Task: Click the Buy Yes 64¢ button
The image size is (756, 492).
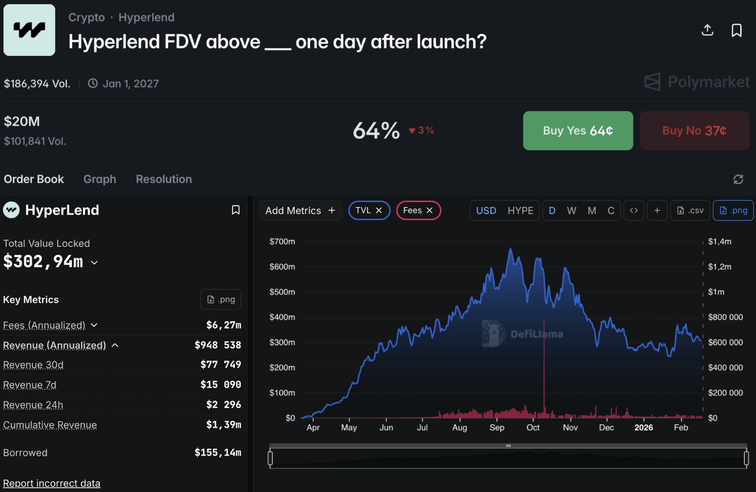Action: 578,130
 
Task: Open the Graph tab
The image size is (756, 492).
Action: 100,179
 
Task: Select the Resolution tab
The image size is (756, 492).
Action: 164,179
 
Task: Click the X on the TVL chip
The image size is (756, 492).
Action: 379,210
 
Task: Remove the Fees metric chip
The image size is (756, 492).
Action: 430,210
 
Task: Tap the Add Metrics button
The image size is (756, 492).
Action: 300,210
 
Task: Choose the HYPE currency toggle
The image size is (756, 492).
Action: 520,210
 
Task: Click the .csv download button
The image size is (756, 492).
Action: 690,210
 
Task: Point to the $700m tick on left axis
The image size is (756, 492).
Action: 282,241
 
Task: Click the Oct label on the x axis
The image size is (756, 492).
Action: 533,428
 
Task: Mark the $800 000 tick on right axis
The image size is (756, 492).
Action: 725,317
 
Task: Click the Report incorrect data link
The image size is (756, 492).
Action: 52,483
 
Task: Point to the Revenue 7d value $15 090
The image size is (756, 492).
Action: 221,385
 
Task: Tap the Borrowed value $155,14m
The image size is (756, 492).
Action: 218,453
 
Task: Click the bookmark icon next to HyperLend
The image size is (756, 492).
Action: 235,210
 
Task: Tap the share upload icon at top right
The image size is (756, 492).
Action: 707,30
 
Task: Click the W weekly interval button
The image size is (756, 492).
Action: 571,210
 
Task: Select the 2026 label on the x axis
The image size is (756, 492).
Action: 644,428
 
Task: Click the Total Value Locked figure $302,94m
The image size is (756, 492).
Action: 43,262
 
